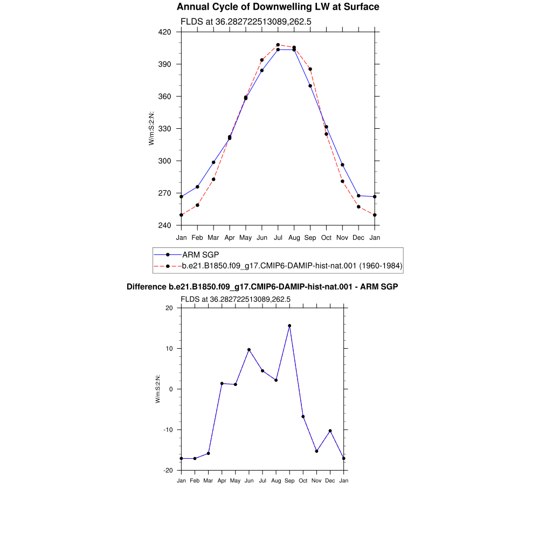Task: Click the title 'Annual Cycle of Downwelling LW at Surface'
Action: (278, 6)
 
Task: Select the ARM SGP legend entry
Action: (187, 254)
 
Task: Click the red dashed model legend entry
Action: (278, 266)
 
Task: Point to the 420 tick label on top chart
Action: (164, 32)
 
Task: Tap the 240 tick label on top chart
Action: (164, 225)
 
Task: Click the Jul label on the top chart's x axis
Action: (278, 238)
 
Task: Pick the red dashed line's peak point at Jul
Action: (278, 45)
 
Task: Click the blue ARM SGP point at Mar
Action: (213, 162)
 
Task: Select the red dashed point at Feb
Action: (197, 205)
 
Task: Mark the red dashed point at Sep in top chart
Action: (310, 70)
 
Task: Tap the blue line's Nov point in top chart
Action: (342, 165)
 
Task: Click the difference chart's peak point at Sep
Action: (289, 326)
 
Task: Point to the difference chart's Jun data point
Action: (249, 350)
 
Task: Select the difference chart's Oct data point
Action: (303, 417)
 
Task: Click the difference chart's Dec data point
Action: (330, 431)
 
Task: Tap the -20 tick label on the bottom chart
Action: (168, 470)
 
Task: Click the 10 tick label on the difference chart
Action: (169, 349)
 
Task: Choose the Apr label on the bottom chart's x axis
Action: (222, 481)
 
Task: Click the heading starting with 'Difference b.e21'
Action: (263, 287)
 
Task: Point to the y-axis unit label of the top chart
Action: (151, 128)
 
